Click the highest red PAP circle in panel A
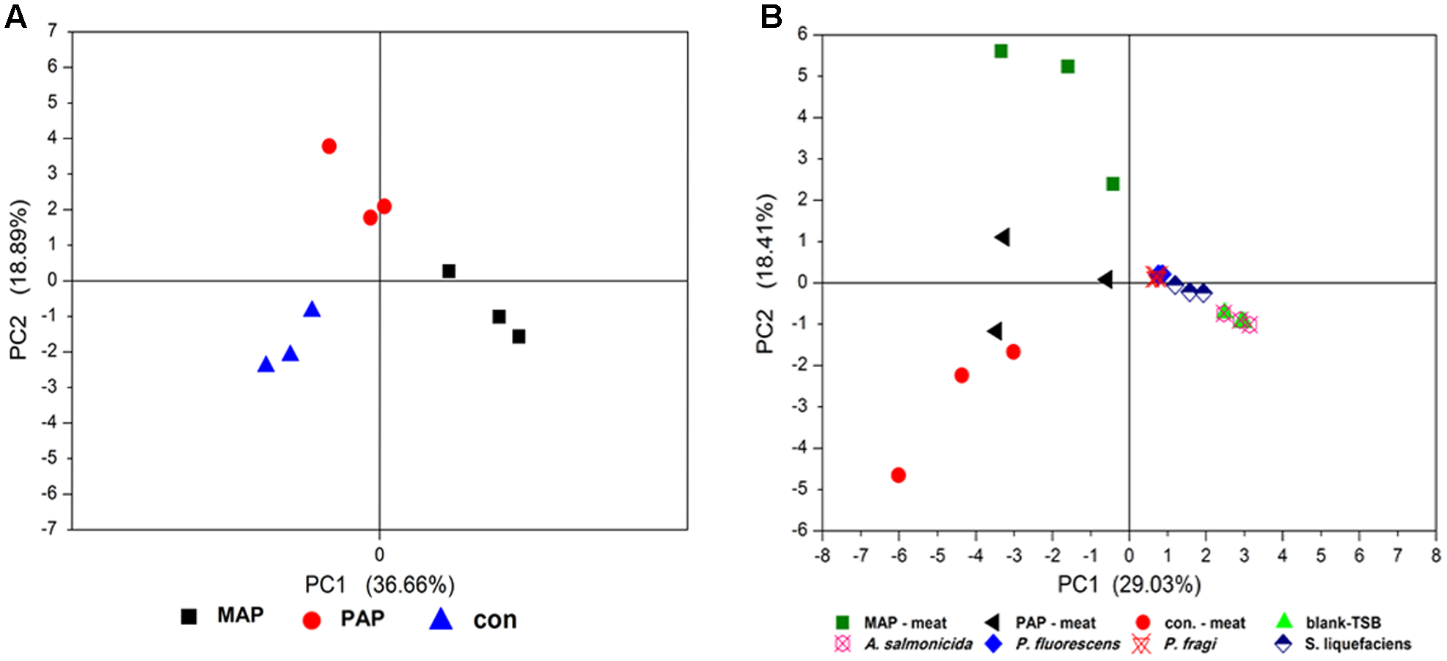329,147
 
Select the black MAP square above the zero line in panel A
449,271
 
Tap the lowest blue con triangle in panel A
266,364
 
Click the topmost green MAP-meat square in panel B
1000,51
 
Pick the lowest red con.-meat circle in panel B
898,475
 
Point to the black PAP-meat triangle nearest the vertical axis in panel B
1105,279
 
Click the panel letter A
15,17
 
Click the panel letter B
771,17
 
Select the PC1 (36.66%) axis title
379,585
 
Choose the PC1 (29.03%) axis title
1129,584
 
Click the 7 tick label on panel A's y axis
52,31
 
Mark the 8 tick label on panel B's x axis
1436,556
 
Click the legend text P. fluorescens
1067,644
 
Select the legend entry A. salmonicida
917,644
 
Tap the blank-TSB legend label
1343,623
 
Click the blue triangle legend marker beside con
441,620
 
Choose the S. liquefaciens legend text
1358,644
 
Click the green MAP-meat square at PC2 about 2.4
1113,183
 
